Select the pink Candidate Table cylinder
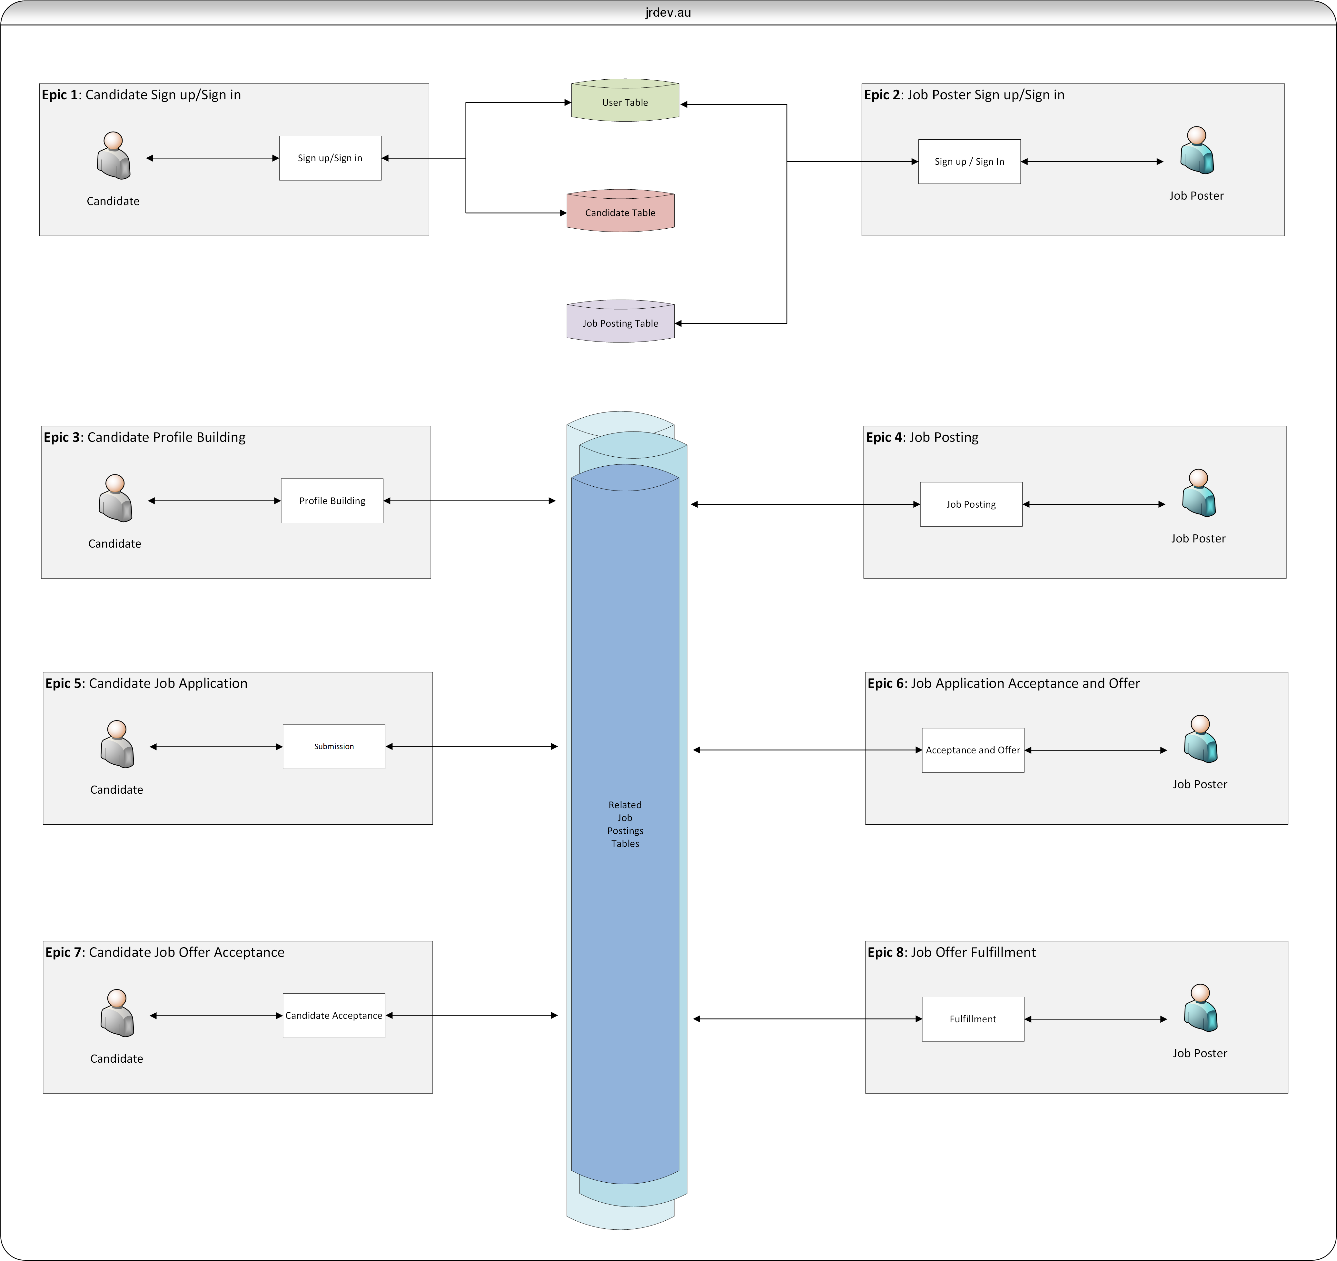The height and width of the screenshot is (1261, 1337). (x=620, y=211)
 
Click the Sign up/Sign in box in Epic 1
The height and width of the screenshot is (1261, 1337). (x=330, y=158)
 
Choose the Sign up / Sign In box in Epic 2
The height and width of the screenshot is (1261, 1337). (x=969, y=161)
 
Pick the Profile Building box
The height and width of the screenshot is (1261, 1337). (x=332, y=500)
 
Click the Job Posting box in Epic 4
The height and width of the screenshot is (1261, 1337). (x=971, y=504)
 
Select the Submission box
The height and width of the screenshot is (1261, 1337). (x=333, y=747)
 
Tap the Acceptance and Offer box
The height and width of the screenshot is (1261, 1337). (x=973, y=750)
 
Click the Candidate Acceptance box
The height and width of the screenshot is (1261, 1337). (x=333, y=1016)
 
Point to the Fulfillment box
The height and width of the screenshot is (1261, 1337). (x=973, y=1019)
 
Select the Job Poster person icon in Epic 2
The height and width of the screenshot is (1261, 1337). (x=1196, y=151)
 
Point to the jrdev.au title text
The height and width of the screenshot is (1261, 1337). (x=668, y=12)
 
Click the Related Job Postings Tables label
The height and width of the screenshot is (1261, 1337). (x=625, y=824)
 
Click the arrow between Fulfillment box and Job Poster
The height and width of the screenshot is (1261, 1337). (x=1095, y=1019)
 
